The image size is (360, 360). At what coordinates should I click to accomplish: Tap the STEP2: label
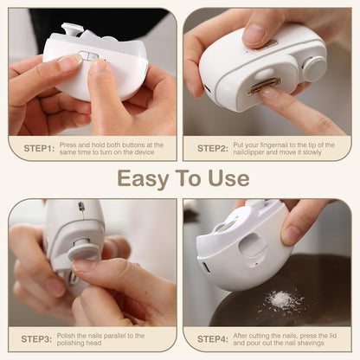click(x=212, y=148)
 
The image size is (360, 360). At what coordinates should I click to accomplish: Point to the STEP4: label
click(x=212, y=338)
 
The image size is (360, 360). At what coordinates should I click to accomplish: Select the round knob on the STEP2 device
click(x=313, y=68)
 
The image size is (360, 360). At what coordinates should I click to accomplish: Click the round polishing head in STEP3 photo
click(x=85, y=252)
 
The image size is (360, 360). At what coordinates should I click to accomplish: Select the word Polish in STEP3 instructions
click(x=72, y=334)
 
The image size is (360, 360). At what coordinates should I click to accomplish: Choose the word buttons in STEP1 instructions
click(x=138, y=144)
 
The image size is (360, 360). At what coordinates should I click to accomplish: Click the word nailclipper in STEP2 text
click(x=247, y=152)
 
